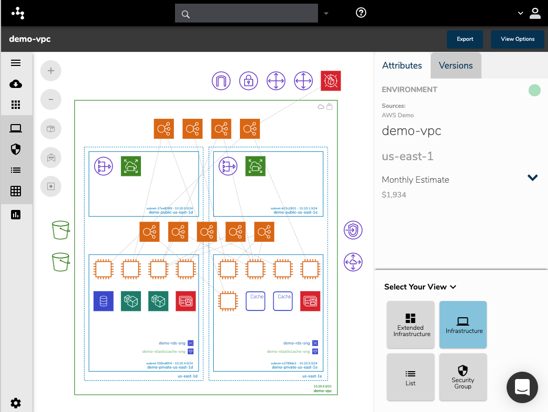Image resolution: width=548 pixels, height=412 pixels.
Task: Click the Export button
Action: (465, 39)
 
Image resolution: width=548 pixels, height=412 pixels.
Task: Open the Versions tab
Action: (456, 65)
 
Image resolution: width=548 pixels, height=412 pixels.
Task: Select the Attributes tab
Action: (402, 65)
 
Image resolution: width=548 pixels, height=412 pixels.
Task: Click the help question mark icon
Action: (361, 13)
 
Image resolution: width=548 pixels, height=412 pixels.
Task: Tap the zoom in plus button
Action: (51, 71)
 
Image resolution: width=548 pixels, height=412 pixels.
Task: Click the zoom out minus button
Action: (51, 99)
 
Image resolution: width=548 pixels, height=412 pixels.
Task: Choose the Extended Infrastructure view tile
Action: (411, 325)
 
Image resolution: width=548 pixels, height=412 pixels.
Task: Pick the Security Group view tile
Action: (463, 377)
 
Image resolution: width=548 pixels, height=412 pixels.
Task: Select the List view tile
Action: (411, 377)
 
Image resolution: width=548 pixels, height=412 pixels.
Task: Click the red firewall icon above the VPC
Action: (331, 81)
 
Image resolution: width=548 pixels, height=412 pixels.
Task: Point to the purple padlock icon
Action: (249, 81)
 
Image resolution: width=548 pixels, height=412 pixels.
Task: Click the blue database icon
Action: (103, 301)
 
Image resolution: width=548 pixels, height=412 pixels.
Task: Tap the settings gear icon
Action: (16, 403)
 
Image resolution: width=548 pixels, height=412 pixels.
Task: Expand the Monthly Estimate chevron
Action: (533, 178)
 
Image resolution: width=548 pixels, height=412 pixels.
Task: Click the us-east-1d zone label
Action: (187, 376)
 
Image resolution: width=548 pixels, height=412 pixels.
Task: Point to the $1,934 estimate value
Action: (394, 195)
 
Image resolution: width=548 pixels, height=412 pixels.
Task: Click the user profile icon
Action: (535, 13)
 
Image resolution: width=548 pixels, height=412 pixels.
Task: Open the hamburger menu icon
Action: (16, 63)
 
